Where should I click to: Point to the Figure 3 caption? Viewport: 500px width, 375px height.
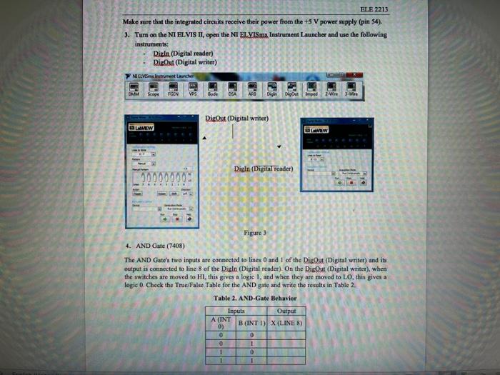click(255, 233)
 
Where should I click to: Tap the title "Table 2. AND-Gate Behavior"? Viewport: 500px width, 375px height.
click(254, 297)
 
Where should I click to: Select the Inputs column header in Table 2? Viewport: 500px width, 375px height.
click(236, 310)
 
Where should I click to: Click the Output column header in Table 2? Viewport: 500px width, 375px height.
click(287, 310)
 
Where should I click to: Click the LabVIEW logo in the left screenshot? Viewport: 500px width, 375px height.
click(143, 126)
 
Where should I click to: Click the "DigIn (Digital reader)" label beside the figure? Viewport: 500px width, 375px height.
click(264, 169)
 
